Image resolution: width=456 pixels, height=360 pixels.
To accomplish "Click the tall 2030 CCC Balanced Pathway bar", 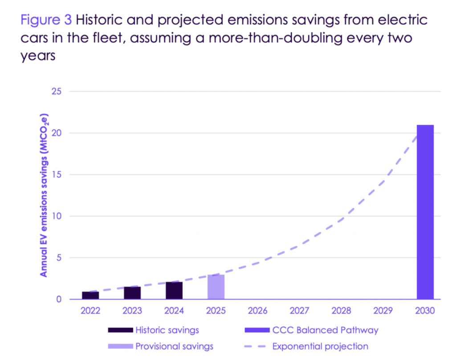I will tap(425, 212).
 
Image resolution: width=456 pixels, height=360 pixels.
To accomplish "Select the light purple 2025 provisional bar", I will tap(216, 287).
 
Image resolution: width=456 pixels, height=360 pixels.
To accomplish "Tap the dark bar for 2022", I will tap(90, 295).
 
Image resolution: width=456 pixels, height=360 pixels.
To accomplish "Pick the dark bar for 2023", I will tap(132, 293).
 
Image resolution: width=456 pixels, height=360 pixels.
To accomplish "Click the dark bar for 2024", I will tap(174, 290).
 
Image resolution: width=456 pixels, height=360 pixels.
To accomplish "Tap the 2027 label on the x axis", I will tap(299, 311).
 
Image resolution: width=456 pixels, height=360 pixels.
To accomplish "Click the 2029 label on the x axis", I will tap(383, 311).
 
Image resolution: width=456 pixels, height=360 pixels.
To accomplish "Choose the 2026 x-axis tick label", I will tap(257, 311).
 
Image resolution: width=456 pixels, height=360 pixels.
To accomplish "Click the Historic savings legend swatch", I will tap(120, 330).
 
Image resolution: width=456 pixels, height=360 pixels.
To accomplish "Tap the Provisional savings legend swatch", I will tap(120, 346).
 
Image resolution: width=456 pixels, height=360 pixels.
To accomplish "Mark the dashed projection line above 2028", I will tap(341, 220).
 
